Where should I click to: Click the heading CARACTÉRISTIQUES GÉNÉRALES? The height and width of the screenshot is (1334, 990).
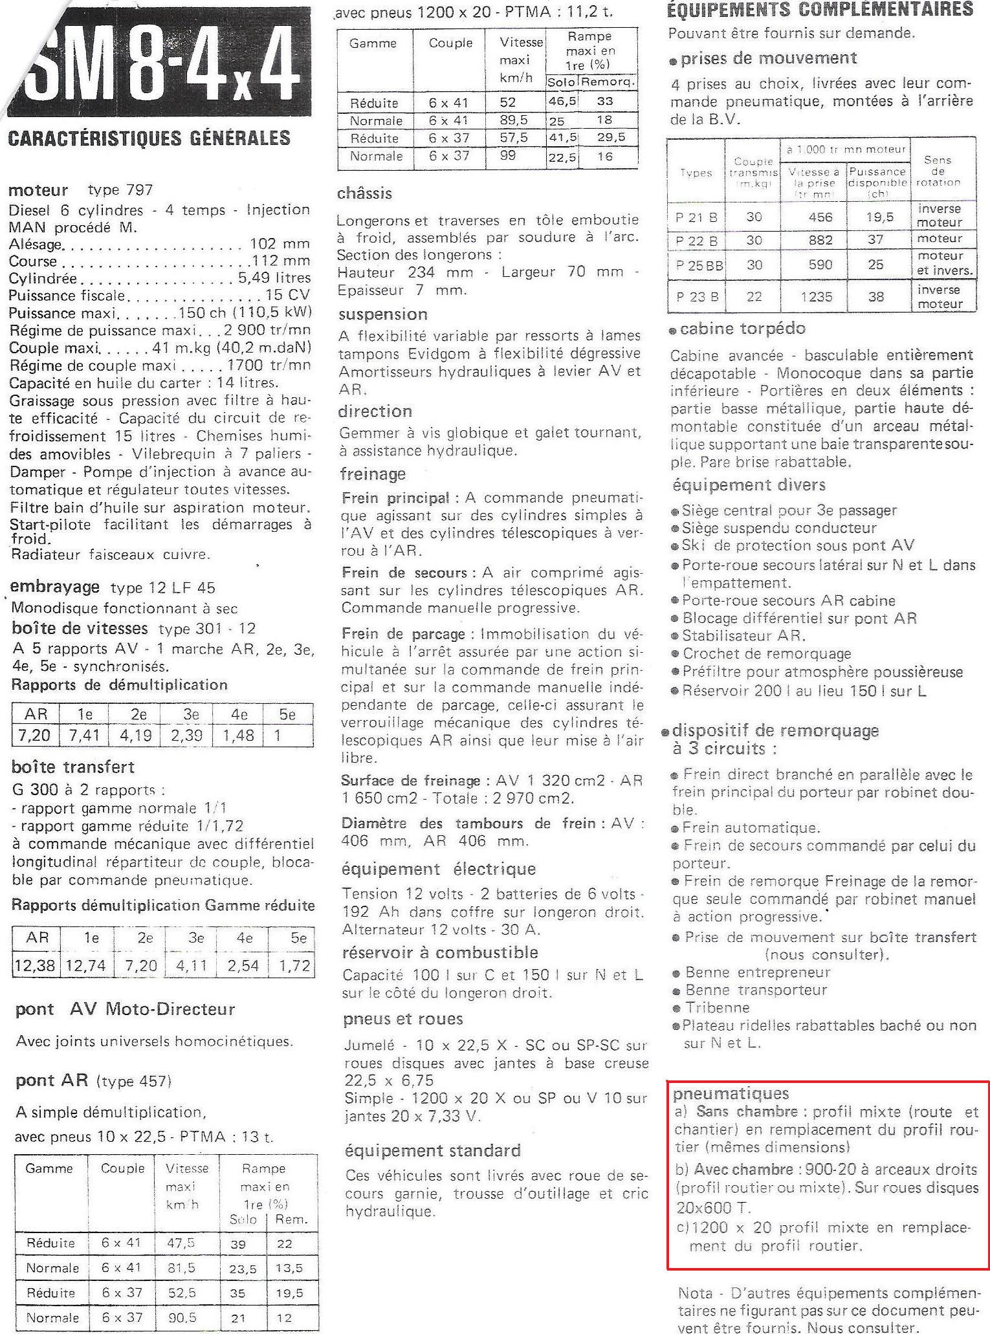tap(149, 138)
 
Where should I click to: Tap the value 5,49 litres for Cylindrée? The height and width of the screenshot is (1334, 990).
tap(274, 278)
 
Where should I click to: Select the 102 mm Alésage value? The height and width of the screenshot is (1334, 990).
tap(280, 244)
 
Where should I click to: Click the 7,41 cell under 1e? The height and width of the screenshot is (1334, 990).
tap(84, 736)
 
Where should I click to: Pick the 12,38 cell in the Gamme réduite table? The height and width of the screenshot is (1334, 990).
tap(37, 966)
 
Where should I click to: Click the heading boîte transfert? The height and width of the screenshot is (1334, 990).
tap(73, 767)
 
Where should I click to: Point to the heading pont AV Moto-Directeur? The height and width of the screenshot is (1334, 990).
tap(125, 1009)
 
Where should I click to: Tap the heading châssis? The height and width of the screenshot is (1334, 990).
tap(364, 193)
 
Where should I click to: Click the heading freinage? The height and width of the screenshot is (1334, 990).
tap(373, 474)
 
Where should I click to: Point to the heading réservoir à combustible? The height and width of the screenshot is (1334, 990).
tap(439, 952)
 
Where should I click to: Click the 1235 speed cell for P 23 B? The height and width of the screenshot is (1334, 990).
tap(820, 297)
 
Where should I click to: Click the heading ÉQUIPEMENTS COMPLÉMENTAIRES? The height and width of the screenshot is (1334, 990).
tap(820, 9)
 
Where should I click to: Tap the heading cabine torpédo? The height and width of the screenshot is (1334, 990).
tap(742, 329)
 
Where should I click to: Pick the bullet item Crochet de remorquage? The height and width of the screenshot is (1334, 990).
tap(767, 653)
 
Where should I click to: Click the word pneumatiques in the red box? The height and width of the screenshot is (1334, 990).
tap(731, 1094)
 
